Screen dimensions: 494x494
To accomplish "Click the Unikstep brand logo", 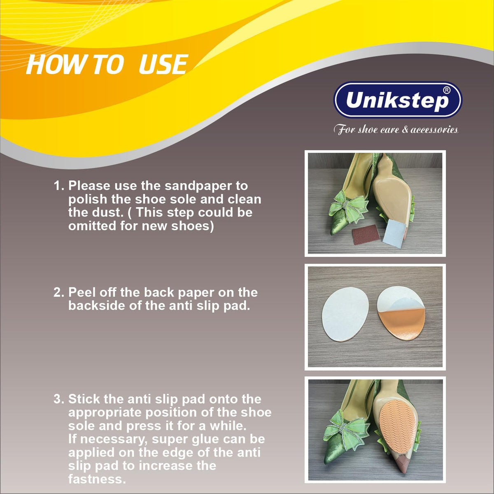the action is coord(398,100).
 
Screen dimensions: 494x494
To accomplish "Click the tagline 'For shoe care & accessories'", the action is coord(396,129).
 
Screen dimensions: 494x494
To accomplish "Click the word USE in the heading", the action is coord(163,64).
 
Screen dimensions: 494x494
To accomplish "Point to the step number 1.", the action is coord(59,186).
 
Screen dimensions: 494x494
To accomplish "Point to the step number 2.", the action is coord(59,292).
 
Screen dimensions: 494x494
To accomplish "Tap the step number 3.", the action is coord(59,399).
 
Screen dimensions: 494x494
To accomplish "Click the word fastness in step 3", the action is coord(97,479).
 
